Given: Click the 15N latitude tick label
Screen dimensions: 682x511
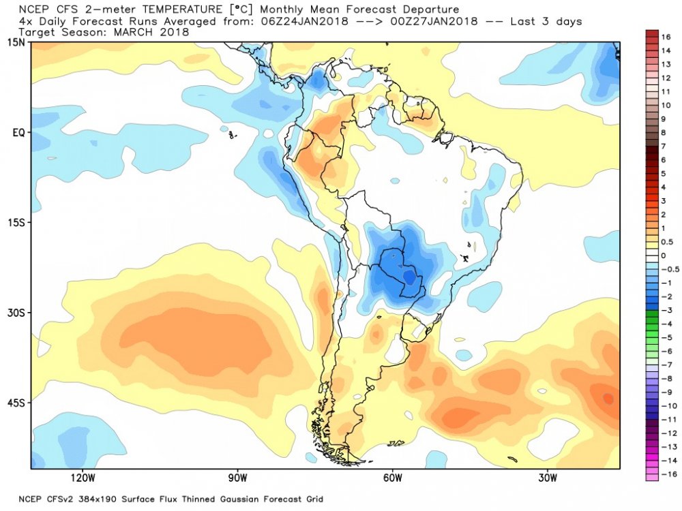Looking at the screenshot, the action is (16, 42).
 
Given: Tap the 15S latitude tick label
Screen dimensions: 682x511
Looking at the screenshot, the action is (16, 223).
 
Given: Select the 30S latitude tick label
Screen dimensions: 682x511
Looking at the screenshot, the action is (16, 313).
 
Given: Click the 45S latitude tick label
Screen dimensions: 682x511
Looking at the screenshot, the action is (16, 403).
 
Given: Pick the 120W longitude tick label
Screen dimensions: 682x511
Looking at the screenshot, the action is (83, 478).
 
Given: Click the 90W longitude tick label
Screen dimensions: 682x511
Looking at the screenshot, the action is (237, 478).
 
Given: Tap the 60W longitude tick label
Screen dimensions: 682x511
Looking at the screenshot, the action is (392, 478).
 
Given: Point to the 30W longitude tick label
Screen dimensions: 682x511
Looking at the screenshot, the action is (547, 478).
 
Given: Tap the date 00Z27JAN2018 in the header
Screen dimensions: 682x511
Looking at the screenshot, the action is (434, 21).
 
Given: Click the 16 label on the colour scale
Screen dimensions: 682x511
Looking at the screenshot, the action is (666, 37).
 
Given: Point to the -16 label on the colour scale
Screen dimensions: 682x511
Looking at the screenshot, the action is (668, 474).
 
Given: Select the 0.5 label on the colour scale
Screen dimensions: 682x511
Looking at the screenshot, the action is (667, 242).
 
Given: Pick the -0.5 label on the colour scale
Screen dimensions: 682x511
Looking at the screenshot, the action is (670, 269).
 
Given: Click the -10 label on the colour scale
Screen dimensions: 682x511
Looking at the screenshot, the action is (668, 406).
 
